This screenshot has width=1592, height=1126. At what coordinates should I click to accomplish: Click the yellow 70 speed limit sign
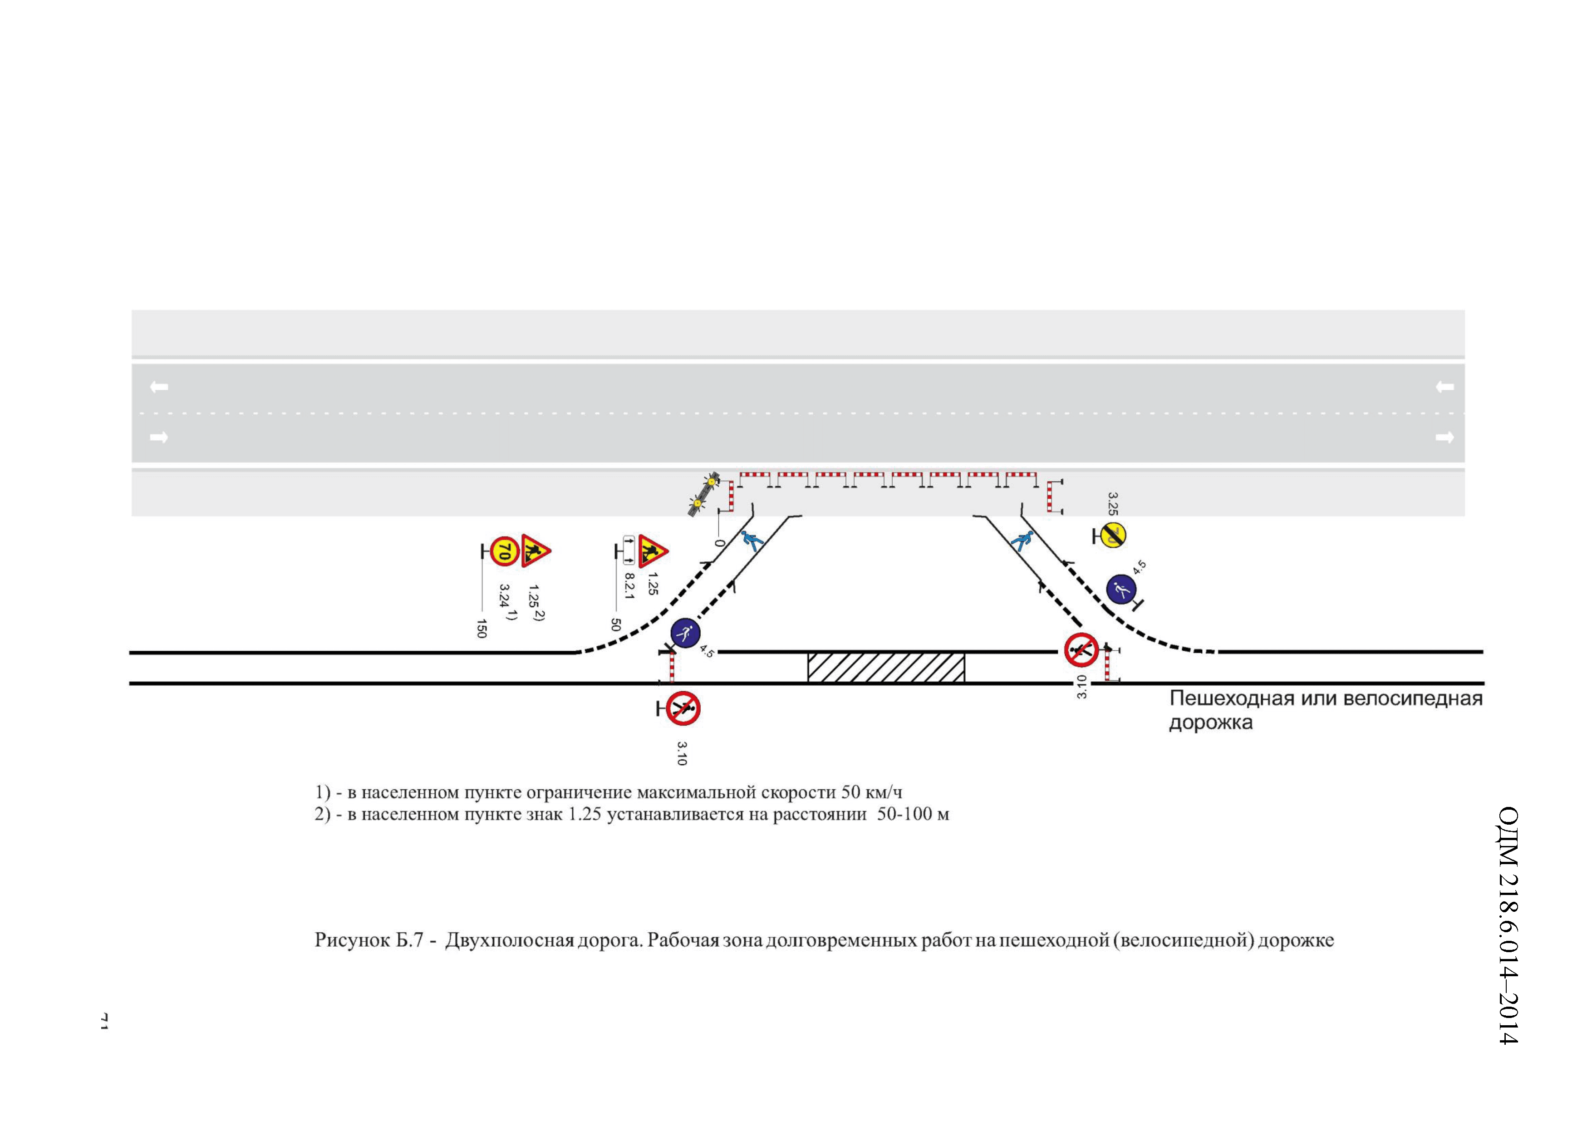click(505, 552)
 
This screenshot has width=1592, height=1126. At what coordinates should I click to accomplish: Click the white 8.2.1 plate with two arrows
click(629, 551)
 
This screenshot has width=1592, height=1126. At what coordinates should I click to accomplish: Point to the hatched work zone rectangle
click(885, 668)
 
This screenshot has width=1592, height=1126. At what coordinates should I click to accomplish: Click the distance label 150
click(481, 628)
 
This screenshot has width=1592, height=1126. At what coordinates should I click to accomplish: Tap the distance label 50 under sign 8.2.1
click(615, 624)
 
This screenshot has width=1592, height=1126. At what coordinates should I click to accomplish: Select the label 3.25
click(1112, 503)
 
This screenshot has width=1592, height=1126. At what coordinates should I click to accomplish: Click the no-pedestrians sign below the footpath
click(683, 708)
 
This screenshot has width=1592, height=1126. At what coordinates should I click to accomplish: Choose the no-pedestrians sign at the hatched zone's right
click(1081, 649)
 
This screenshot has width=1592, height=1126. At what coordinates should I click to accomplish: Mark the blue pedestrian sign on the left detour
click(685, 632)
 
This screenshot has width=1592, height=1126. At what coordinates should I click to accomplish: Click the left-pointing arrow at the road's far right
click(1445, 387)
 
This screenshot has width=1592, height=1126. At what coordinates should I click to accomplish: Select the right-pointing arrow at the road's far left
click(159, 437)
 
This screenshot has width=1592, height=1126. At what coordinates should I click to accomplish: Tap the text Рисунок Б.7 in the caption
click(368, 940)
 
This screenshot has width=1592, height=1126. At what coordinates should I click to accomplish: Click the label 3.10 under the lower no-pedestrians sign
click(682, 754)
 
